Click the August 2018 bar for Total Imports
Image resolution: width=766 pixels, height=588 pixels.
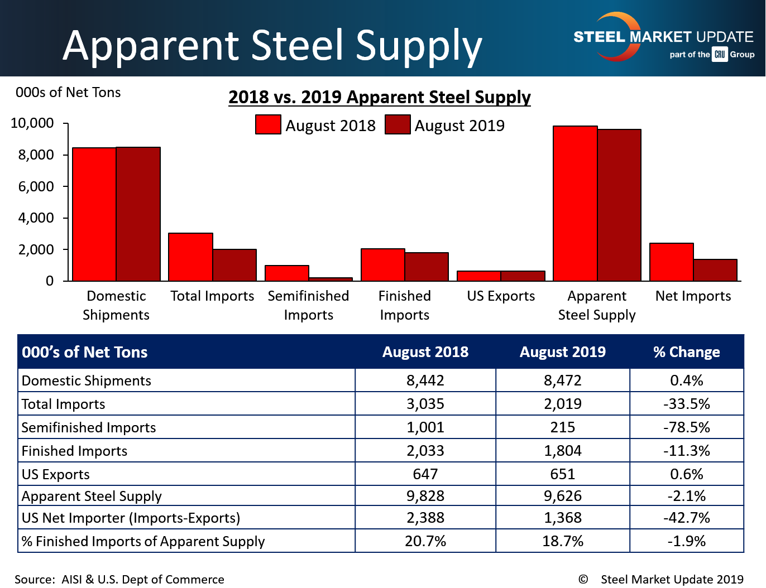[190, 257]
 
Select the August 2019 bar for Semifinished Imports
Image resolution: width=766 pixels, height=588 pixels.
[331, 279]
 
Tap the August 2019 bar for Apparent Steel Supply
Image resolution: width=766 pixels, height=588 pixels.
[619, 205]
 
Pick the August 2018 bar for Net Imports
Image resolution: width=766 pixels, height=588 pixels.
[672, 262]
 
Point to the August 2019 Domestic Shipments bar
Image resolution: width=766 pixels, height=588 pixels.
[138, 214]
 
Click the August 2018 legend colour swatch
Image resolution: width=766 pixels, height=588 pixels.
[268, 124]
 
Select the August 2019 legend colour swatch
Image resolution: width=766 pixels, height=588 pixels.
[398, 124]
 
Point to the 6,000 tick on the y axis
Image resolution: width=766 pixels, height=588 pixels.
[36, 186]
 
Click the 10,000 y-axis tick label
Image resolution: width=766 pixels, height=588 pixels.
[32, 123]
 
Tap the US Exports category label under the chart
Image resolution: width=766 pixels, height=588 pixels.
[501, 296]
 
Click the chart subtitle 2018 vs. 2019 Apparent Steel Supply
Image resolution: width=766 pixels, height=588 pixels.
[380, 97]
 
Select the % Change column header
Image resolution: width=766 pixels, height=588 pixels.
[687, 352]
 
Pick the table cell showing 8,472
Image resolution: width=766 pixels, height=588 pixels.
[563, 380]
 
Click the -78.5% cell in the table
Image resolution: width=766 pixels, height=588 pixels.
[687, 427]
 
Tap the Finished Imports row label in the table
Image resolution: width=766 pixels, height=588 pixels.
[74, 451]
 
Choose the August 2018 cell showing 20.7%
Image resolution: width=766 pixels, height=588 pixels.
[425, 541]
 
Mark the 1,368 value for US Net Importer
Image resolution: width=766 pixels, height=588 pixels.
[563, 518]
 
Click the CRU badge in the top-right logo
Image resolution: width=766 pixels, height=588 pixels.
[720, 55]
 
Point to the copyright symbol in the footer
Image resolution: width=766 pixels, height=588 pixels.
[583, 579]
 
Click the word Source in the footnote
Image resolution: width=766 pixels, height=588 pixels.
[34, 580]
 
